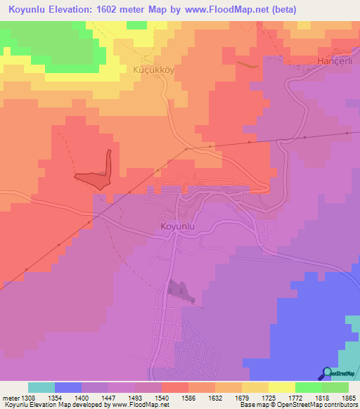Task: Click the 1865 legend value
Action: pos(349,398)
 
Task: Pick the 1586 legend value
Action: pos(188,398)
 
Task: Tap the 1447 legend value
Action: pos(108,398)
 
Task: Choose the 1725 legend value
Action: pos(268,398)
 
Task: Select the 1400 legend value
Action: pos(81,398)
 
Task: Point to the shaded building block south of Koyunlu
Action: pos(179,290)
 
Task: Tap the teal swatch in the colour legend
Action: pos(41,387)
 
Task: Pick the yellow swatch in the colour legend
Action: pos(281,387)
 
